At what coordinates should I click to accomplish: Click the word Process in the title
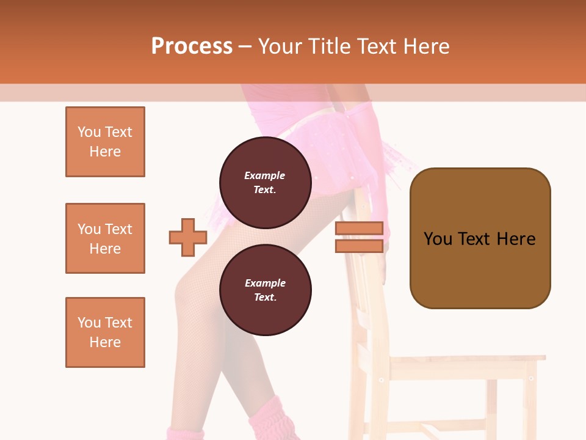tap(192, 46)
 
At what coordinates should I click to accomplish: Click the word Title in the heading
tap(330, 46)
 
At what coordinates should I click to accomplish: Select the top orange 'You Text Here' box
tap(105, 142)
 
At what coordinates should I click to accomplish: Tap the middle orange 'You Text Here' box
tap(105, 238)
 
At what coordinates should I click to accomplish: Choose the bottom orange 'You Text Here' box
tap(105, 332)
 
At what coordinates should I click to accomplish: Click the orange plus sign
tap(188, 237)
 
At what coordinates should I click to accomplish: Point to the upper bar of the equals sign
tap(359, 229)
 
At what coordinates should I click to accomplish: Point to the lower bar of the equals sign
tap(359, 246)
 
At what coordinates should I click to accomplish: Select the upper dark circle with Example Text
tap(265, 183)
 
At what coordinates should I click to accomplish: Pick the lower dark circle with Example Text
tap(265, 290)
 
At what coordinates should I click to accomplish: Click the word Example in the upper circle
tap(264, 175)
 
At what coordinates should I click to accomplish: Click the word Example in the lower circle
tap(265, 283)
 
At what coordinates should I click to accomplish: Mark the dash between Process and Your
tap(245, 46)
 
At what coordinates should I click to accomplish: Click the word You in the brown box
tap(438, 238)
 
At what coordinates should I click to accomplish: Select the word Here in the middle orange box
tap(105, 249)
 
